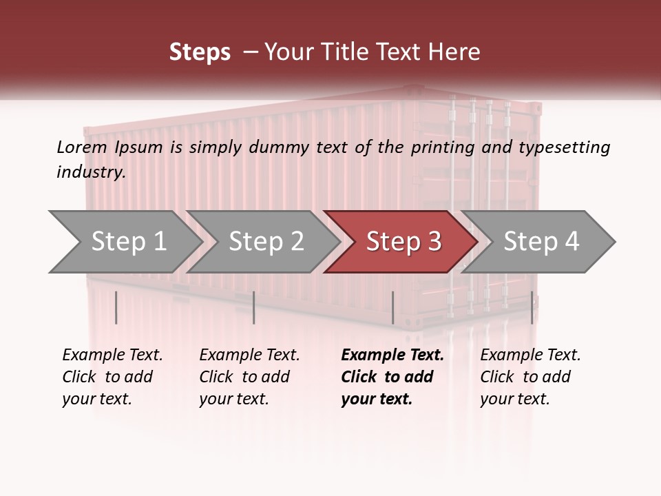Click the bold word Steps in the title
pyautogui.click(x=200, y=52)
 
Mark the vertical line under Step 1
pyautogui.click(x=116, y=307)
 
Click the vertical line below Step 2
pyautogui.click(x=254, y=307)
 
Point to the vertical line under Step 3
pyautogui.click(x=392, y=307)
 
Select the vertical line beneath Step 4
pyautogui.click(x=532, y=307)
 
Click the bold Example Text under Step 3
pyautogui.click(x=392, y=355)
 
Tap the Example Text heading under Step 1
pyautogui.click(x=112, y=355)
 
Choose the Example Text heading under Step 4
pyautogui.click(x=530, y=355)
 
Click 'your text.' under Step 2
pyautogui.click(x=234, y=399)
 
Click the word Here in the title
pyautogui.click(x=455, y=52)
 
